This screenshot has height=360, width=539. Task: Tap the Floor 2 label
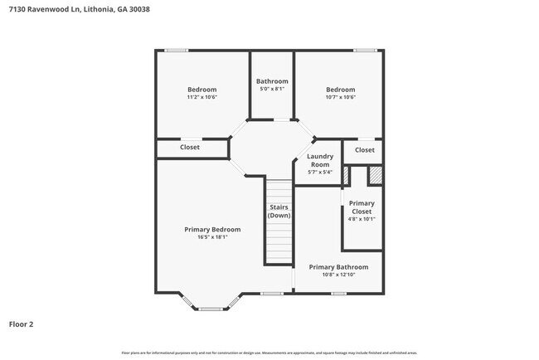(22, 324)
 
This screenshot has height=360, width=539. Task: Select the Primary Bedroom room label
(212, 229)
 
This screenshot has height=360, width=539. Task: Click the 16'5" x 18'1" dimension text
(212, 237)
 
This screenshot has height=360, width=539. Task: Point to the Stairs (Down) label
(279, 212)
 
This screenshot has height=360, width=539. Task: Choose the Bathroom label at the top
(272, 81)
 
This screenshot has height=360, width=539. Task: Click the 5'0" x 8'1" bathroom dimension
(272, 89)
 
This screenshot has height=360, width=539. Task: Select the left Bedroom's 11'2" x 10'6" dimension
(202, 98)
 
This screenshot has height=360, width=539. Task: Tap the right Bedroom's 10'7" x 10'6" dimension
(340, 98)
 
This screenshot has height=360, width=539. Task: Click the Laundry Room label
(320, 160)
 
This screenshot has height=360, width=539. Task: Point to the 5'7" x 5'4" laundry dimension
(320, 173)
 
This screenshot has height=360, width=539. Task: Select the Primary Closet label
(362, 207)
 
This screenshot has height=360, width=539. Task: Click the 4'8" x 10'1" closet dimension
(362, 219)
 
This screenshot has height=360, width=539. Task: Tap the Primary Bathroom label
(338, 267)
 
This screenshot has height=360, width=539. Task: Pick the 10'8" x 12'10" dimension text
(338, 275)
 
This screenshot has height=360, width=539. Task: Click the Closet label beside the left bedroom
(190, 148)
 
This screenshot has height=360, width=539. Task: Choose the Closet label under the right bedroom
(364, 150)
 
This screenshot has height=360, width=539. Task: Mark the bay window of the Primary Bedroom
(211, 309)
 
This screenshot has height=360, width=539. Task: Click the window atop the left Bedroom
(175, 51)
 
